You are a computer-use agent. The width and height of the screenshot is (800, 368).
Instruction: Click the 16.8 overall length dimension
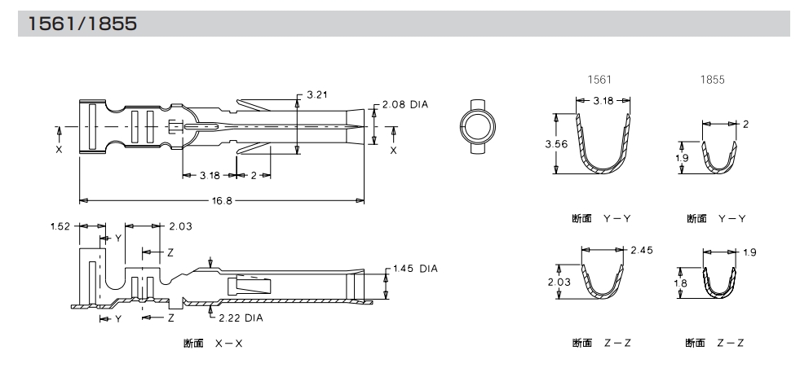pos(222,199)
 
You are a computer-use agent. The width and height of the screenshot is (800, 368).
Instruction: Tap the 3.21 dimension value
pos(317,95)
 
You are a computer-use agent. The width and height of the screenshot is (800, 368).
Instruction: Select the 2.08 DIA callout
pos(405,105)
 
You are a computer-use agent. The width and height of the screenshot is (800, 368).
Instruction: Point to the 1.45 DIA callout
pos(416,268)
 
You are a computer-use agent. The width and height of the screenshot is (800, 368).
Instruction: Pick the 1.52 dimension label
pos(60,226)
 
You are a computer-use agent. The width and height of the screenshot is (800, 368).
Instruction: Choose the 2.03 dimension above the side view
pos(181,226)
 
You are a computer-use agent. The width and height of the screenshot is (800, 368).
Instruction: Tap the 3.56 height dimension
pos(556,143)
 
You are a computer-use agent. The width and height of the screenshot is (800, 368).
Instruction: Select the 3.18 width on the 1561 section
pos(603,100)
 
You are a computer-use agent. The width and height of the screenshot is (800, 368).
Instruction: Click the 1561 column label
pos(600,81)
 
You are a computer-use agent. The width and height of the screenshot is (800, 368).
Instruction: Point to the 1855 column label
pos(713,81)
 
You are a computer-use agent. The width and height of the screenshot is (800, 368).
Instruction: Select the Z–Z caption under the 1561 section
pos(602,343)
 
